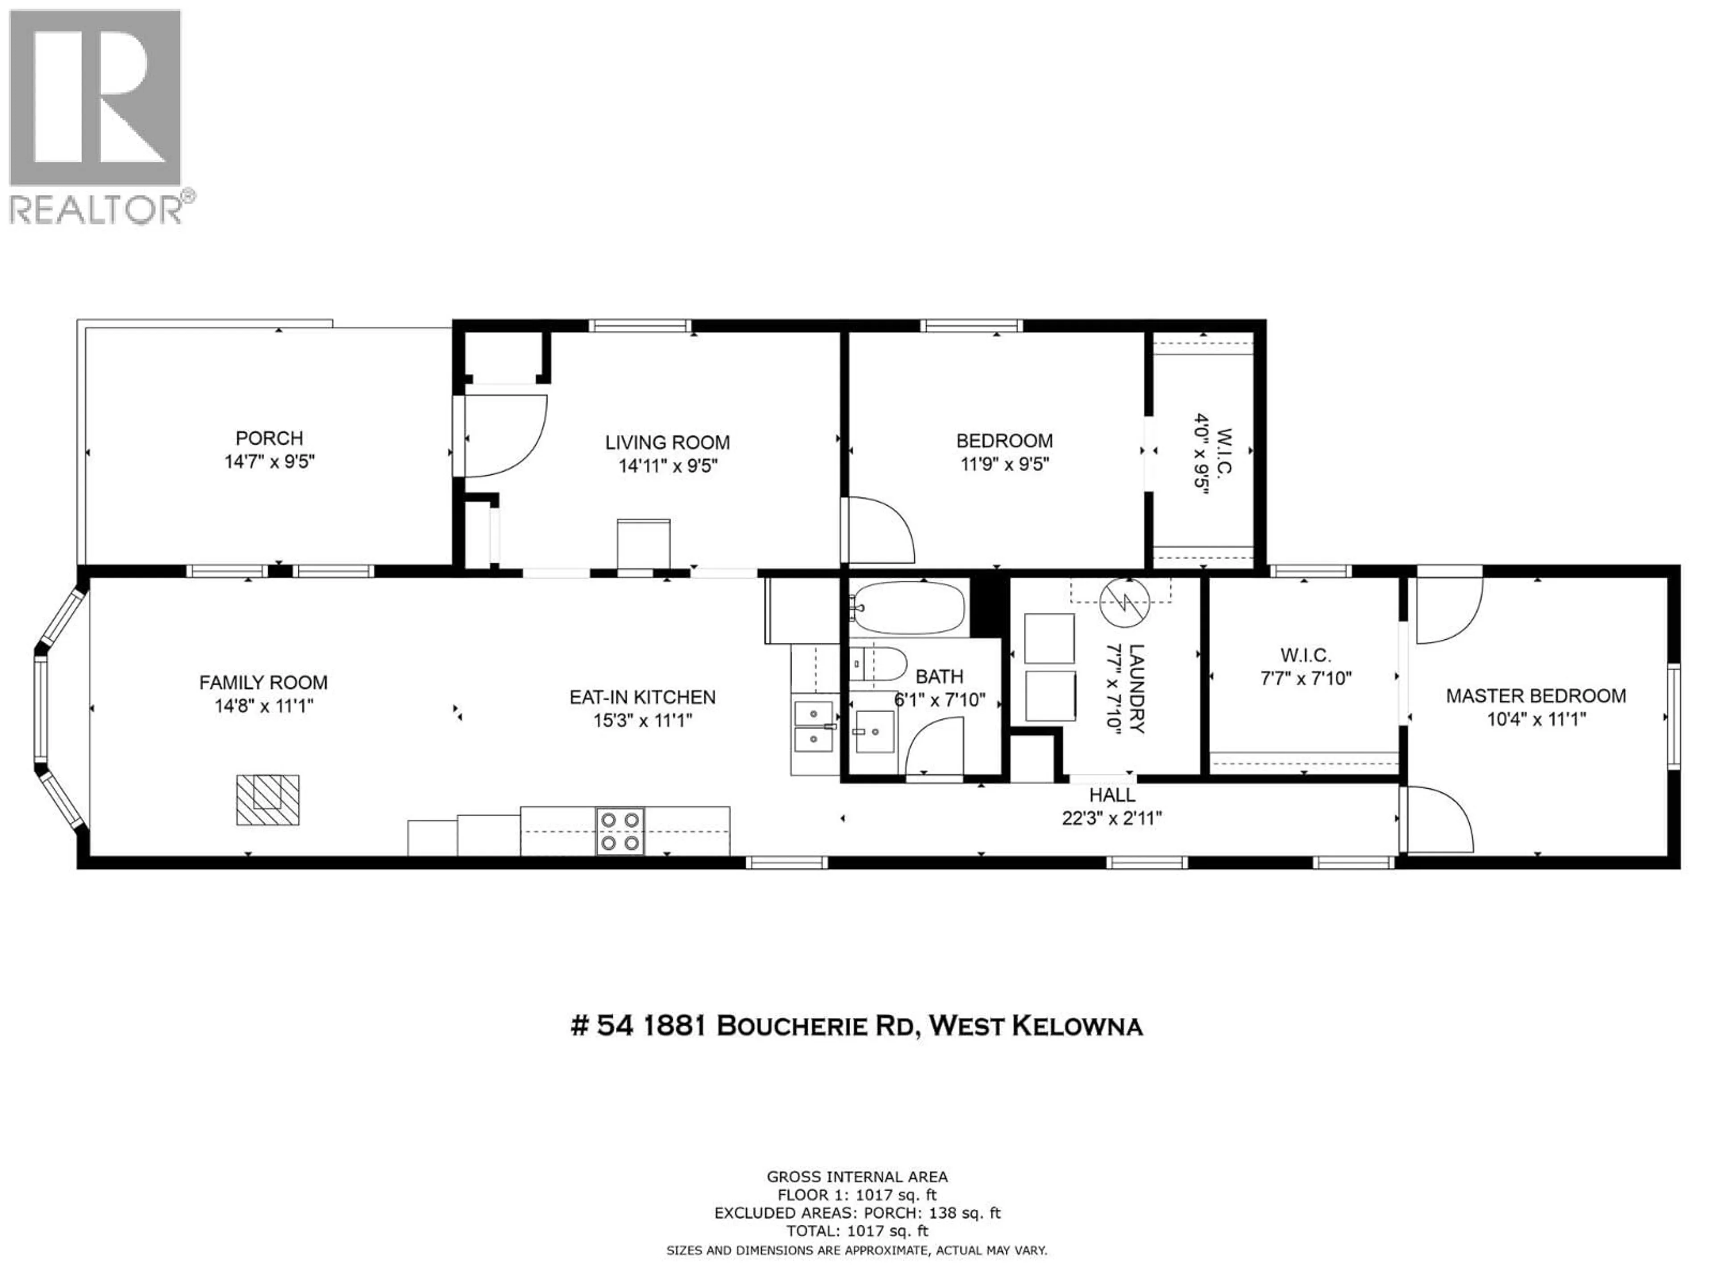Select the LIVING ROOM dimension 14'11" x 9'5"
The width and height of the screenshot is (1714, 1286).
pos(667,466)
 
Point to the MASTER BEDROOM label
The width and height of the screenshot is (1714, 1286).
pos(1536,695)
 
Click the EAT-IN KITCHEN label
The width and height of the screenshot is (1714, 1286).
pos(642,697)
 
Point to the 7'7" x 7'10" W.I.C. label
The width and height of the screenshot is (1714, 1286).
pos(1306,667)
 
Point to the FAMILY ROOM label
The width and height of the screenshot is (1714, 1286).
pos(263,682)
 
